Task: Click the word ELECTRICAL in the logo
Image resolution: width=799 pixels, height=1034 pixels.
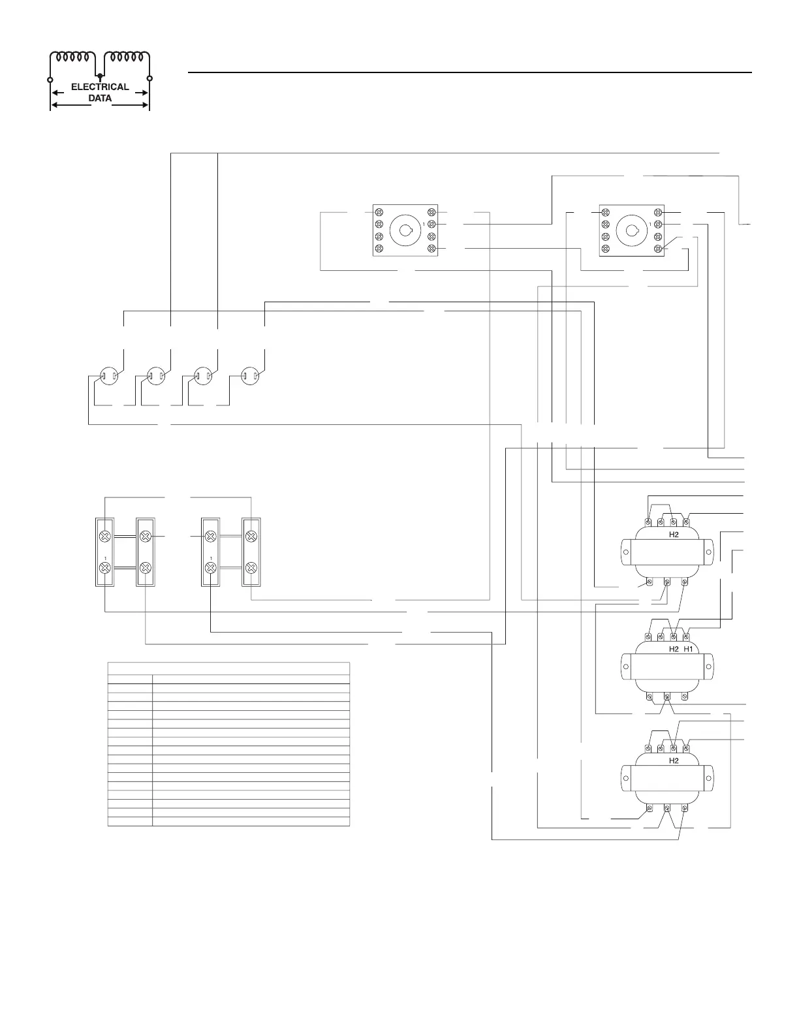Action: (100, 87)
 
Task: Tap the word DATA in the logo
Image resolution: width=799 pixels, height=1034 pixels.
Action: (100, 99)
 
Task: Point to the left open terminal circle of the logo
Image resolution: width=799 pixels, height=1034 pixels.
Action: (50, 79)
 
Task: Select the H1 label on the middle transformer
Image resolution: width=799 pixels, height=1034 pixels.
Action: (688, 650)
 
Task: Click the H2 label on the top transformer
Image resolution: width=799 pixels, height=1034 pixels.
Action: (674, 534)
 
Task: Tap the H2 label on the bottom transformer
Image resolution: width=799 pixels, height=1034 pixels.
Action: (674, 761)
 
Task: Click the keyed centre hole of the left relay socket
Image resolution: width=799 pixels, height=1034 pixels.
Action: (405, 230)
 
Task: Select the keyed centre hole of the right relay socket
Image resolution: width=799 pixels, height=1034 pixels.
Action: (631, 230)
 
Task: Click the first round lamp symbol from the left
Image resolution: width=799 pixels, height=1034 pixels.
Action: (108, 375)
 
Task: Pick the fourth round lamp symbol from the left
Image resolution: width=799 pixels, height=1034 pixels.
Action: (249, 375)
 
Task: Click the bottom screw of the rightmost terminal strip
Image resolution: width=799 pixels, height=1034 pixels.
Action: (251, 568)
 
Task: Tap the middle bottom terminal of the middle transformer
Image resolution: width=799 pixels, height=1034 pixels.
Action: (666, 697)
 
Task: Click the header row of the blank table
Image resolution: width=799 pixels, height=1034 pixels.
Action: (228, 667)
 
